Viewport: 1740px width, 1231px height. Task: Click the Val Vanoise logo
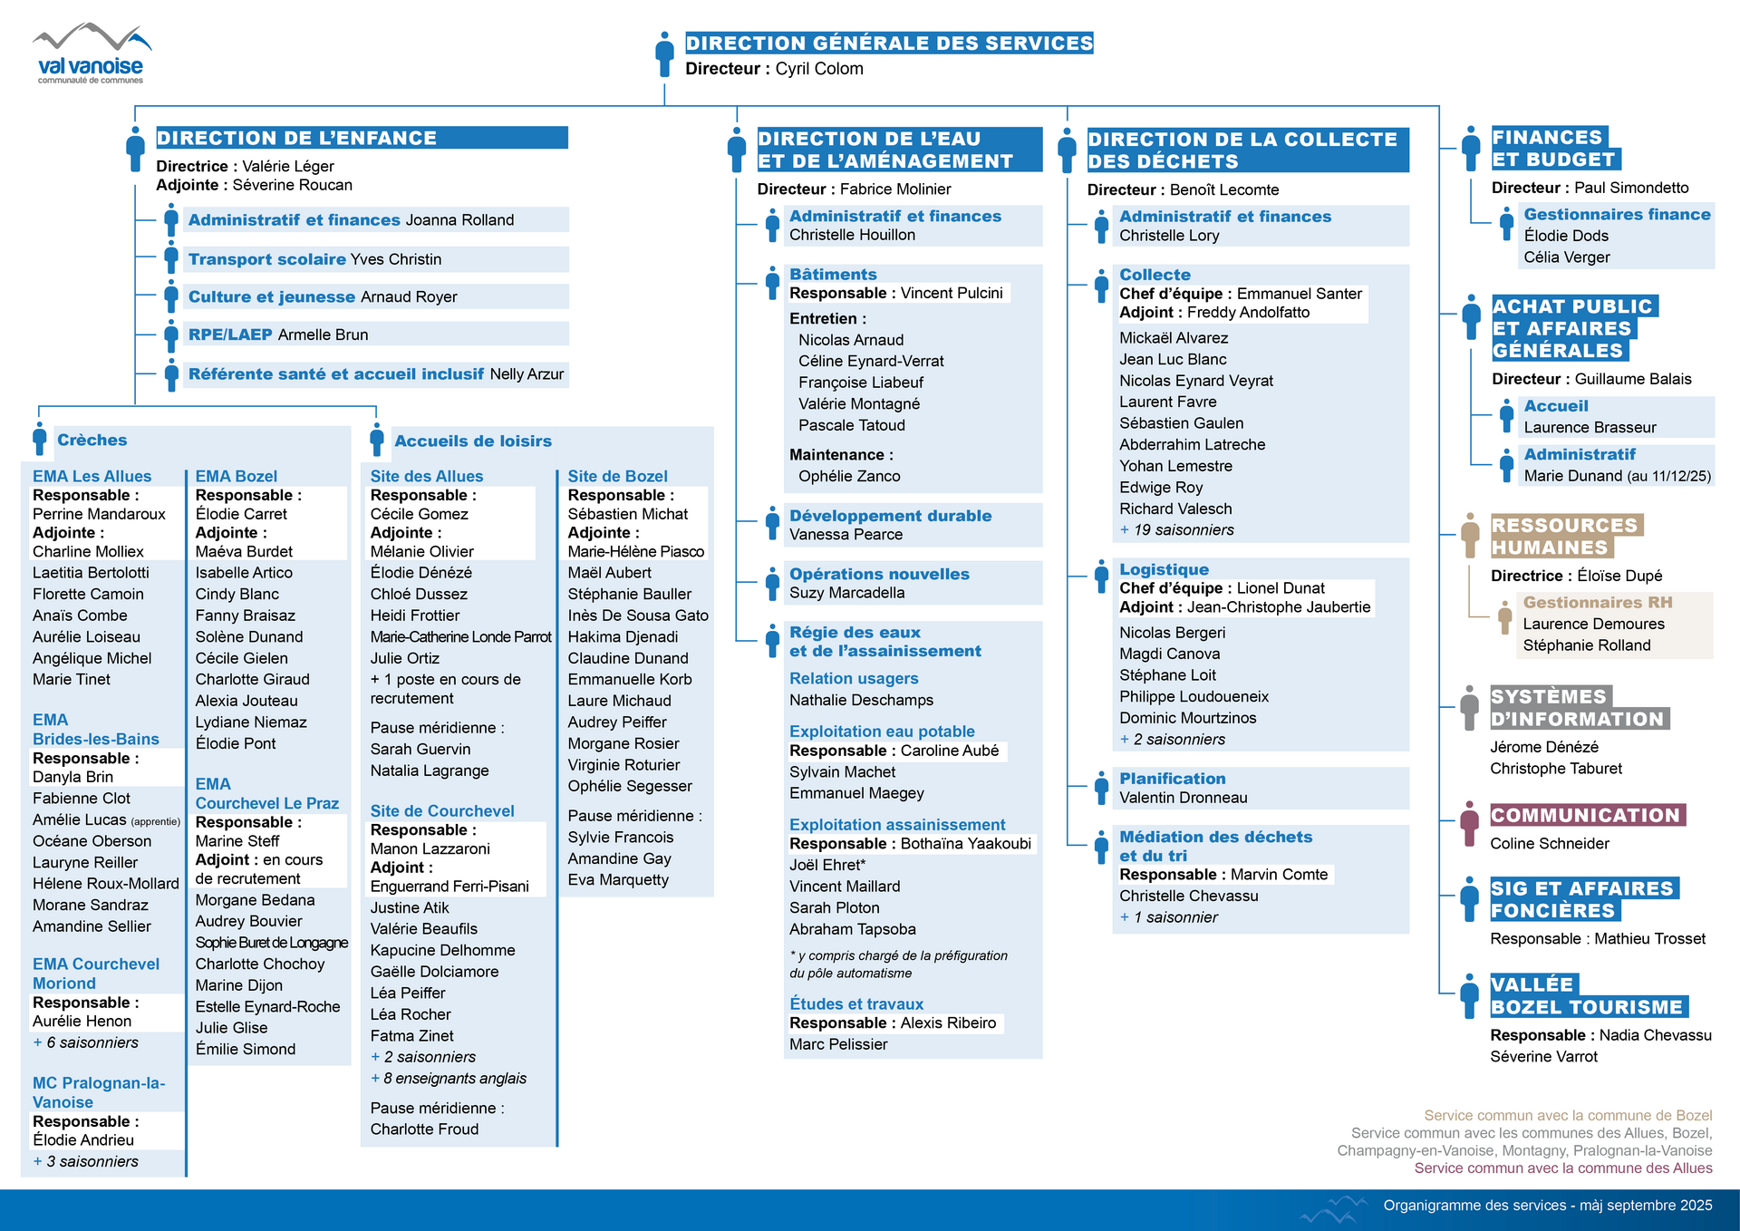pyautogui.click(x=91, y=54)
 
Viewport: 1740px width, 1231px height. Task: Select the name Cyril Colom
pyautogui.click(x=819, y=69)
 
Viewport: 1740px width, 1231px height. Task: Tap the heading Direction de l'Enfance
pyautogui.click(x=296, y=138)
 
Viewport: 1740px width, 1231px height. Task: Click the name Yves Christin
pyautogui.click(x=396, y=259)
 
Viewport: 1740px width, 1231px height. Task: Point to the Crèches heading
pyautogui.click(x=92, y=441)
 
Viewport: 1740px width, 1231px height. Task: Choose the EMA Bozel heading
pyautogui.click(x=237, y=476)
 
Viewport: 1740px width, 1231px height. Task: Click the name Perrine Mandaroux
pyautogui.click(x=99, y=514)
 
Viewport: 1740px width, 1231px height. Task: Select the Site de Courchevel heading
pyautogui.click(x=442, y=811)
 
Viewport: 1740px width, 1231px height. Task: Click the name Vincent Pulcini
pyautogui.click(x=952, y=294)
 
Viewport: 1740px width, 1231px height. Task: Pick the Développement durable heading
pyautogui.click(x=890, y=516)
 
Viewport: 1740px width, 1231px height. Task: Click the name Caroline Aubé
pyautogui.click(x=950, y=751)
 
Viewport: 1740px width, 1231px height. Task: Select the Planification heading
pyautogui.click(x=1172, y=779)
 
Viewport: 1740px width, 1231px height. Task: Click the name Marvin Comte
pyautogui.click(x=1279, y=875)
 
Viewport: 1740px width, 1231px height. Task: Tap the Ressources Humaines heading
pyautogui.click(x=1564, y=537)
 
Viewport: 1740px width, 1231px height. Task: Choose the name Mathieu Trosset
pyautogui.click(x=1649, y=939)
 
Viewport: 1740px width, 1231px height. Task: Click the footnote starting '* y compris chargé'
pyautogui.click(x=897, y=964)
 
